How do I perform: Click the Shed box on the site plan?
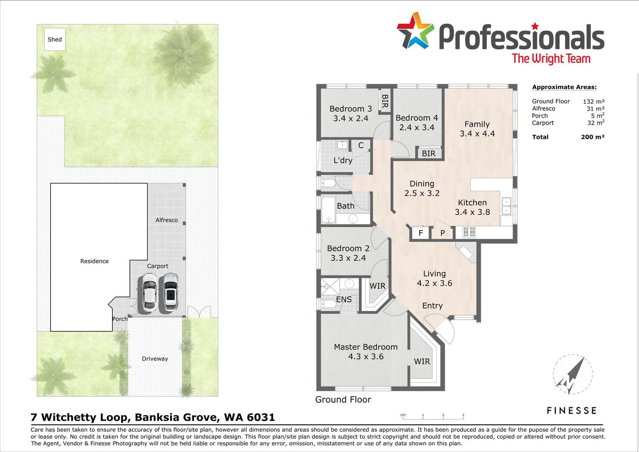[55, 39]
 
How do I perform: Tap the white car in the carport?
[149, 293]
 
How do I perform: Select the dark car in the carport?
[170, 292]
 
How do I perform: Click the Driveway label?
[155, 359]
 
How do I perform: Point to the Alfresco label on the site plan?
[166, 220]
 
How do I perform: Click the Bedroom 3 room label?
[350, 109]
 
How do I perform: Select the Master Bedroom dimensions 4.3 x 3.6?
[366, 357]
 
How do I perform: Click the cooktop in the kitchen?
[469, 232]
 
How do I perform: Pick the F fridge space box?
[420, 233]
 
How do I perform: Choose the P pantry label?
[442, 233]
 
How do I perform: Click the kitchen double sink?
[506, 205]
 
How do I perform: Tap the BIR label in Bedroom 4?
[429, 154]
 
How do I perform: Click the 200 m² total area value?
[593, 137]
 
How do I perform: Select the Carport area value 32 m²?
[596, 123]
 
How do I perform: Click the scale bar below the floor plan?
[433, 417]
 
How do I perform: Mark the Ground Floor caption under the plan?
[343, 400]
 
